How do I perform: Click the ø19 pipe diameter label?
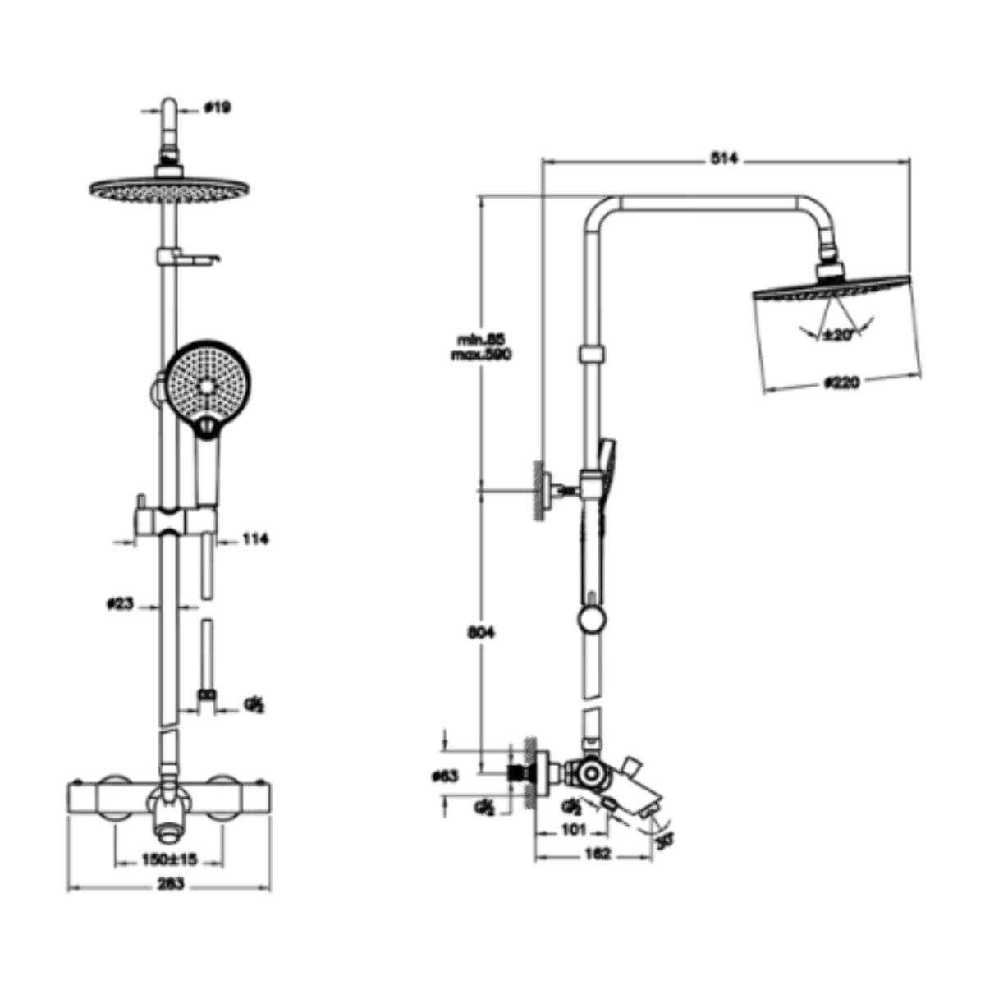click(218, 108)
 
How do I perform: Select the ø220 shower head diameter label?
click(841, 383)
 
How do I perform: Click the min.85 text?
click(480, 339)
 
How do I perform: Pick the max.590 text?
click(481, 355)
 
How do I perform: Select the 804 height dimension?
click(481, 633)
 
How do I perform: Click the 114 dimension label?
click(255, 539)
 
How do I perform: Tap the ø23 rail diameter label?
click(120, 605)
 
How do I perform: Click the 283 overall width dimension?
click(169, 884)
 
